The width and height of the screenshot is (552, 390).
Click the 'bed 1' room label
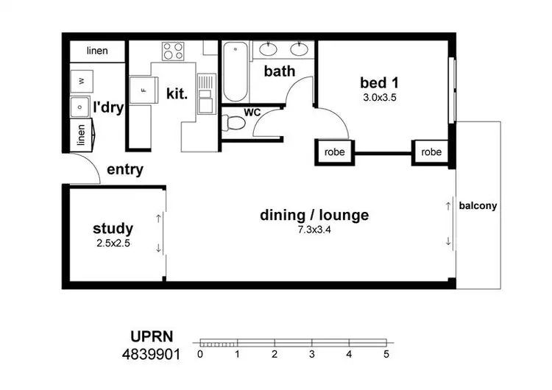[x=379, y=81]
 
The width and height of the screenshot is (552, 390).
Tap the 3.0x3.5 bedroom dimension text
[x=379, y=96]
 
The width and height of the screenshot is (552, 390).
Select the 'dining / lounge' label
[x=314, y=216]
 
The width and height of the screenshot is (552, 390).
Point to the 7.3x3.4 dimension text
[x=314, y=230]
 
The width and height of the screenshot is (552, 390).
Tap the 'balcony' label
[x=478, y=206]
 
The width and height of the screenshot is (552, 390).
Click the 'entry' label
[x=125, y=170]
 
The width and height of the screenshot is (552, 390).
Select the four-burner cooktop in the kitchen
[x=174, y=52]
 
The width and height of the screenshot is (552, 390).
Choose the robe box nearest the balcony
[x=431, y=152]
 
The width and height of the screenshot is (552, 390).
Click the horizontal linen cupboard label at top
[x=97, y=52]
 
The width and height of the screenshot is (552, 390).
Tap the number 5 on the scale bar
[x=386, y=355]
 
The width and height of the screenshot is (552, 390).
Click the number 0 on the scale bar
[x=200, y=355]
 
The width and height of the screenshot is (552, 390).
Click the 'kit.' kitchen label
[x=177, y=94]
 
